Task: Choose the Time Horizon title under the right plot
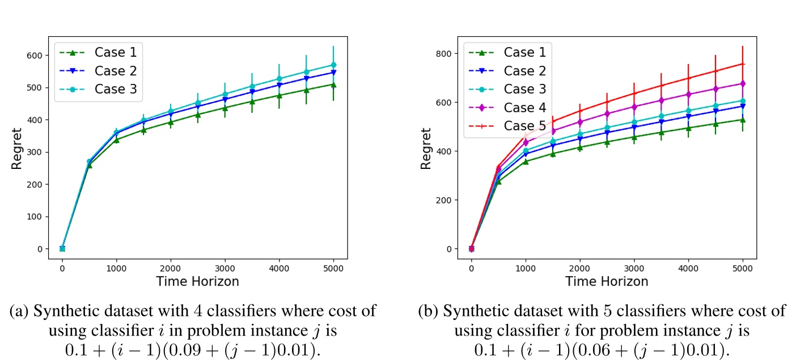607,281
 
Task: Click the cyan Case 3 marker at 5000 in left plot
333,65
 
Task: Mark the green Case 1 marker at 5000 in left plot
333,84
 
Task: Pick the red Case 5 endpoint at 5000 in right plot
743,63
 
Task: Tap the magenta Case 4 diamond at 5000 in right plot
743,83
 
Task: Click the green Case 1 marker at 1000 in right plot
526,162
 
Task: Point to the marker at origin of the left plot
62,248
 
